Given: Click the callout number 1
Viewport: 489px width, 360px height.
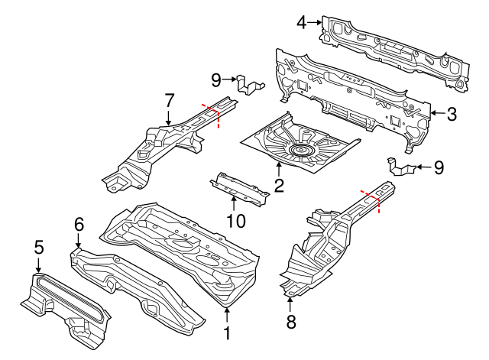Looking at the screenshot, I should [x=226, y=333].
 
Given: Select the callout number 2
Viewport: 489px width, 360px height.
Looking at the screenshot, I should [x=279, y=184].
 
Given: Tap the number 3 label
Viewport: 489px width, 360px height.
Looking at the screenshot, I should [x=452, y=115].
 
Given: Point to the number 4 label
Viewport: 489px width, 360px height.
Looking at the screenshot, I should [x=302, y=23].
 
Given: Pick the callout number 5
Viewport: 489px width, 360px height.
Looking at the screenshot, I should [x=39, y=246].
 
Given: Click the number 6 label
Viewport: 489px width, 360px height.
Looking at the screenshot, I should [x=78, y=223].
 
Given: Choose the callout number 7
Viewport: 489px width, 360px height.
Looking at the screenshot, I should [x=170, y=99].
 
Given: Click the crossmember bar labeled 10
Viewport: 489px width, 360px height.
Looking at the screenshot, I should [x=241, y=186].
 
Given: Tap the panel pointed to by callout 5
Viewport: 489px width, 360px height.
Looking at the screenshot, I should [x=65, y=306].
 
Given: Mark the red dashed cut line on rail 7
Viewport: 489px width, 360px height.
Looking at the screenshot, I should [x=210, y=115].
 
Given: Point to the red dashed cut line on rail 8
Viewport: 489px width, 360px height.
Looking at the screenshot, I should [x=372, y=200].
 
